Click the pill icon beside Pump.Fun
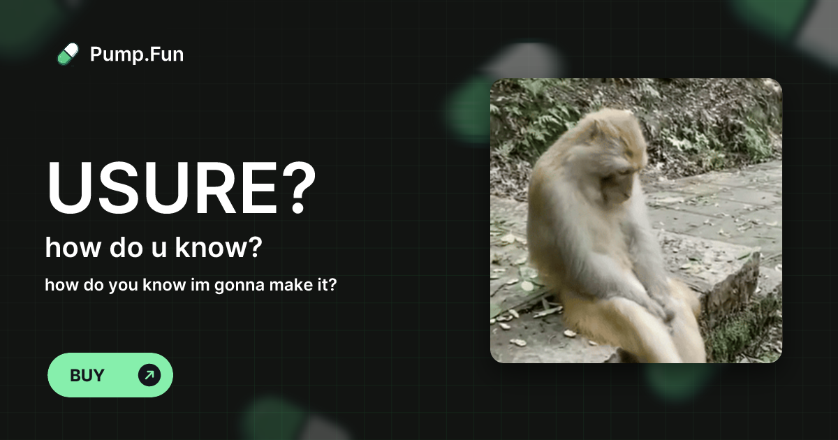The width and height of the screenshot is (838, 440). [68, 54]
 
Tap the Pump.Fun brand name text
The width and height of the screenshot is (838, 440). [137, 54]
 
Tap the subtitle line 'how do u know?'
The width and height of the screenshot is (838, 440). [153, 247]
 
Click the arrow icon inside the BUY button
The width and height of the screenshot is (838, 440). [149, 375]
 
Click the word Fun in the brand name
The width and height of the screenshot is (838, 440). [166, 54]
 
